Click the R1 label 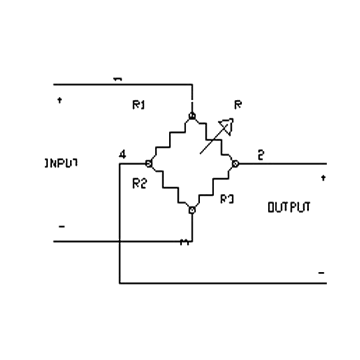pos(138,105)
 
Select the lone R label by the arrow pos(238,105)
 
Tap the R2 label pos(139,183)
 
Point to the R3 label pos(227,198)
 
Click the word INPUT pos(62,163)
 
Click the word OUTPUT pos(289,207)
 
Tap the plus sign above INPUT pos(59,99)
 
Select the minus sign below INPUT pos(62,226)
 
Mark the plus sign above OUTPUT pos(323,178)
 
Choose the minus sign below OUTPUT pos(321,273)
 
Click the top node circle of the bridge pos(192,117)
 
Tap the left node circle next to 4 pos(148,163)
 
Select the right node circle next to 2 pos(235,163)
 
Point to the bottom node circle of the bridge pos(192,210)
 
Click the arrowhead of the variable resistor pos(227,125)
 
